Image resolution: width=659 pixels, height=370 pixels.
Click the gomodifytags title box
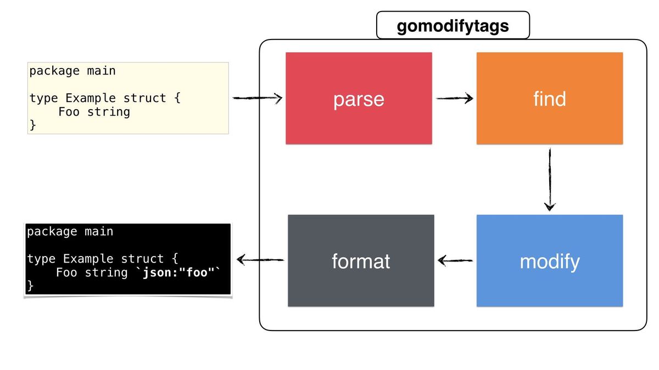[453, 25]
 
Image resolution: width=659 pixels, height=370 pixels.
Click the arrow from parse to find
[455, 99]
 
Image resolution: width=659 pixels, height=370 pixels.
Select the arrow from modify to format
[455, 261]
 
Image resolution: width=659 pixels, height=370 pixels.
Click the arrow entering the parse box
[257, 99]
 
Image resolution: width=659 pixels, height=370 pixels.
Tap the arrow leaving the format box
[259, 260]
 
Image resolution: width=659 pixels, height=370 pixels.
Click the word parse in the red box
[359, 100]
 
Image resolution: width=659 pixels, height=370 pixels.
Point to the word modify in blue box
[549, 261]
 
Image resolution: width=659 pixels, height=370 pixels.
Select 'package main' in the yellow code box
[72, 71]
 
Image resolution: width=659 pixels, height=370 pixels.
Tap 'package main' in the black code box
[70, 231]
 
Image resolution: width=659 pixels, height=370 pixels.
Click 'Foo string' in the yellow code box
[94, 112]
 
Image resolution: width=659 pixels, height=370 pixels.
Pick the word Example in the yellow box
[91, 98]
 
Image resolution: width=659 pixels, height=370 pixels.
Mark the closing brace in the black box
[30, 286]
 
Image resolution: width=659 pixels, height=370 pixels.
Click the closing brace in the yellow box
[32, 126]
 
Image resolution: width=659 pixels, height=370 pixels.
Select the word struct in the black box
[142, 259]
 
